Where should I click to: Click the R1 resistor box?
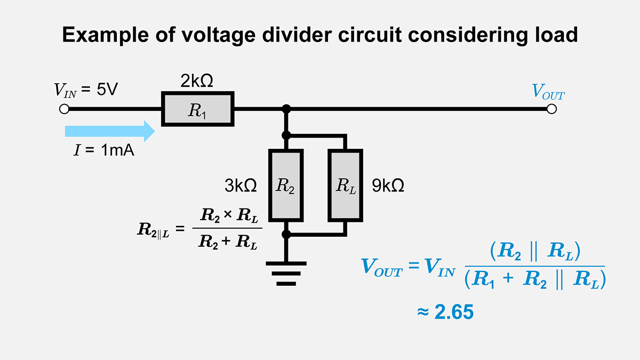(x=197, y=109)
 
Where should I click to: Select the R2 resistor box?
(x=286, y=185)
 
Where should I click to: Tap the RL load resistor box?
(x=345, y=185)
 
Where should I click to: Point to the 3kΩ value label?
(x=241, y=186)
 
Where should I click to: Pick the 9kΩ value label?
(x=388, y=186)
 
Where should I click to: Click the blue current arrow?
(x=109, y=131)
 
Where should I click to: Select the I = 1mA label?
(x=103, y=151)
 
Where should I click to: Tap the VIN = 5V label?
(x=85, y=90)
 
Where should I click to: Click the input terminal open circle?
(x=64, y=109)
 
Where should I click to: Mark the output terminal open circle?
(x=552, y=109)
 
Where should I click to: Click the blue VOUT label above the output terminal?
(x=548, y=92)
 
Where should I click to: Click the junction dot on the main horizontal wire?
(x=286, y=109)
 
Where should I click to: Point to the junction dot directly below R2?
(x=286, y=234)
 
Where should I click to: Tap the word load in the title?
(x=555, y=35)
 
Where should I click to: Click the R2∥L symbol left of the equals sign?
(x=153, y=230)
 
